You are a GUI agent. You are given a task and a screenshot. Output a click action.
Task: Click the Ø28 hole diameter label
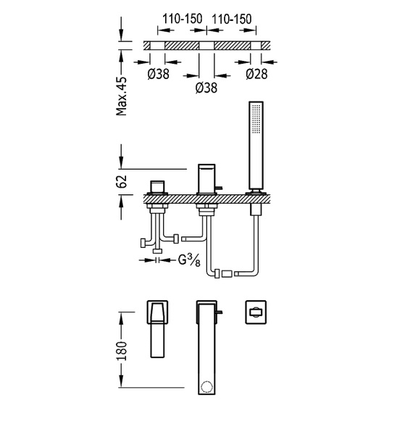coord(256,74)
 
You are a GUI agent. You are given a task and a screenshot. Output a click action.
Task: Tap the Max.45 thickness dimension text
coord(122,96)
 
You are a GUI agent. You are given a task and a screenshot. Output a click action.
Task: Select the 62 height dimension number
coord(122,182)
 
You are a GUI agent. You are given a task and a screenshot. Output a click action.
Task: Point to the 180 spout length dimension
coord(122,351)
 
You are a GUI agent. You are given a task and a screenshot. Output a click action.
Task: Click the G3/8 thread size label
coord(189,260)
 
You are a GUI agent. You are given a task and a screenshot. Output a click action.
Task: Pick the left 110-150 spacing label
coord(183,19)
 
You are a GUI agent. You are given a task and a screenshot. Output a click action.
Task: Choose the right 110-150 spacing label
coord(232,19)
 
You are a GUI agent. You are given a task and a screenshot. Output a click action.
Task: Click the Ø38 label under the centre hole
coord(206,88)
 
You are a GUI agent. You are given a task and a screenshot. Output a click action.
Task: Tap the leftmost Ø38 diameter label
coord(159,74)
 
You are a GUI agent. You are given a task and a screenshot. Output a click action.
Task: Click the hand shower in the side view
coord(256,147)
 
